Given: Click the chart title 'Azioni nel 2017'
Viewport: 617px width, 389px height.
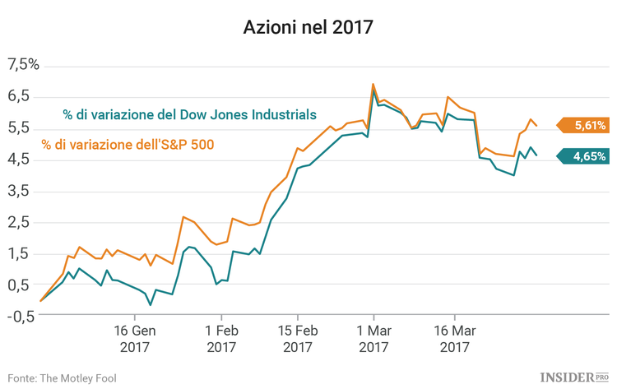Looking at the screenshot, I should pos(308,27).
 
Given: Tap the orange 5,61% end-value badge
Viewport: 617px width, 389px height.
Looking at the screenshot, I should pos(587,126).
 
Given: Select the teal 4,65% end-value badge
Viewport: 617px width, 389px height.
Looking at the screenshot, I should pos(587,155).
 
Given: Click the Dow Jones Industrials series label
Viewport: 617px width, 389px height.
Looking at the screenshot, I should pos(189,114).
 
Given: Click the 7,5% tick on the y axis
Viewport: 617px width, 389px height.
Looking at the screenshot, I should pos(23,64).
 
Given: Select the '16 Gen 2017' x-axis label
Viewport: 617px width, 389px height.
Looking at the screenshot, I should pos(135,339).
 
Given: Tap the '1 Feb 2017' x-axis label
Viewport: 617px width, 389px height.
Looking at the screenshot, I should pos(220,339).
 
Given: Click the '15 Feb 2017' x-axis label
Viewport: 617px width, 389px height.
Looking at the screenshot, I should pos(297,339).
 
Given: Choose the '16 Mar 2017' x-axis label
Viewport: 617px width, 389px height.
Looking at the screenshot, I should pos(454,339).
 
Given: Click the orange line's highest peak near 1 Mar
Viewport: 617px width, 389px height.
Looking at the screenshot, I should pos(373,84).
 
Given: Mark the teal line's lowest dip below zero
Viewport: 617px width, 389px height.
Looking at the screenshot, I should pos(150,305).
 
